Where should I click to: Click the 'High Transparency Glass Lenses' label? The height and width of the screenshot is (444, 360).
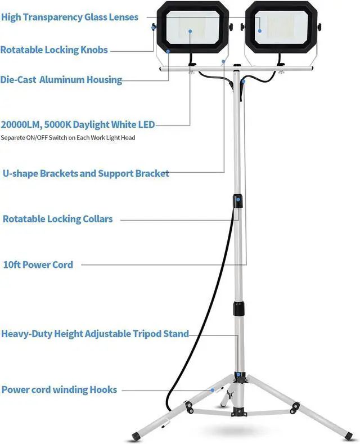70,17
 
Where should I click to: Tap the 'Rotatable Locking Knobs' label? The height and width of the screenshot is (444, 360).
54,50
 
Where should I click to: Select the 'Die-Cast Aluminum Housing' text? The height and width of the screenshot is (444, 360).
61,79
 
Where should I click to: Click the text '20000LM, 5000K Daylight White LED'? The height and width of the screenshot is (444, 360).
78,124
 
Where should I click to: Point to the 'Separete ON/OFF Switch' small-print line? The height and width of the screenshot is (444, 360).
67,137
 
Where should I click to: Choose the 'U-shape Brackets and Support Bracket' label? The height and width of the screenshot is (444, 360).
85,173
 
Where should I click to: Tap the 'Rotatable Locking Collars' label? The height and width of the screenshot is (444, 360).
58,219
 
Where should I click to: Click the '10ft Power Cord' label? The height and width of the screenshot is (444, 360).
38,264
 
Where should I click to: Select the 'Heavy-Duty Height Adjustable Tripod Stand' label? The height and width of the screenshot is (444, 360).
95,334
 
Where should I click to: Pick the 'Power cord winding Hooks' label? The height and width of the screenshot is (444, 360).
59,389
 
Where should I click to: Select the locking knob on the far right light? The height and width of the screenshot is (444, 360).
319,26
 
